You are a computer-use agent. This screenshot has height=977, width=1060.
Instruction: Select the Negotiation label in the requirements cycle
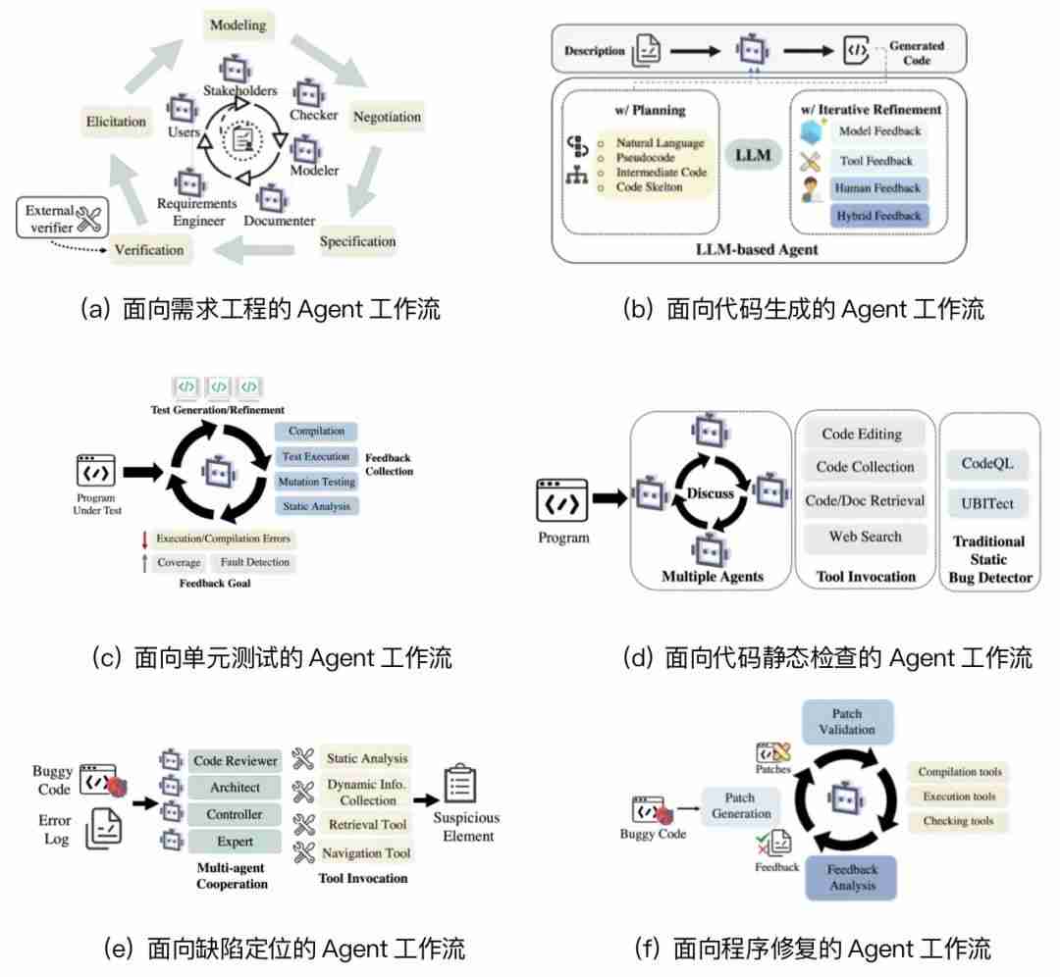pos(387,117)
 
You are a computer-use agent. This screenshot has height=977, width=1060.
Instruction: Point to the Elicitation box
pos(116,122)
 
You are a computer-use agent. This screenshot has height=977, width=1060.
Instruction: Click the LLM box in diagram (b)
pos(753,155)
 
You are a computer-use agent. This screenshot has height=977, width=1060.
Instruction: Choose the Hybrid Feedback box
pos(877,215)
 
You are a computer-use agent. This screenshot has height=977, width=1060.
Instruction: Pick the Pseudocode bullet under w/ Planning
pos(645,157)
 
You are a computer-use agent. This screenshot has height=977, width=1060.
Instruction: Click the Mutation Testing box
pos(316,482)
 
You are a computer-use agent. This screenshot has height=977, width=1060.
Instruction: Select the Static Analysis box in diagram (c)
pos(316,506)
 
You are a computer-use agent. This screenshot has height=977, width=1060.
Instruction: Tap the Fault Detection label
pos(254,562)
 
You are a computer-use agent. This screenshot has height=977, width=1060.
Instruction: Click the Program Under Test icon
pos(96,472)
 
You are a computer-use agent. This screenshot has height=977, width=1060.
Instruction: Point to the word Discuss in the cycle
pos(711,493)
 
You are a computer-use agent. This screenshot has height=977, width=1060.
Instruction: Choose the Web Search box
pos(865,537)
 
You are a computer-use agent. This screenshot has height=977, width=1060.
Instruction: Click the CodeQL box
pos(987,464)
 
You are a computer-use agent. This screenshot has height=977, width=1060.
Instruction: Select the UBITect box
pos(987,503)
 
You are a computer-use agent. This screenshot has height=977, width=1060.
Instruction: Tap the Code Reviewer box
pos(235,761)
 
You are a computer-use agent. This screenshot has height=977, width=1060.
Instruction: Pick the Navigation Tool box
pos(367,852)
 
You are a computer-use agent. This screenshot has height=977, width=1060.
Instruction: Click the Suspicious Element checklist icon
pos(459,784)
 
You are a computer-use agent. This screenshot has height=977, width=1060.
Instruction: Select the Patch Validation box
pos(846,722)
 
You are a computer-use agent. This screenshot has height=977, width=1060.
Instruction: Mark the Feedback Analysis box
pos(851,877)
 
